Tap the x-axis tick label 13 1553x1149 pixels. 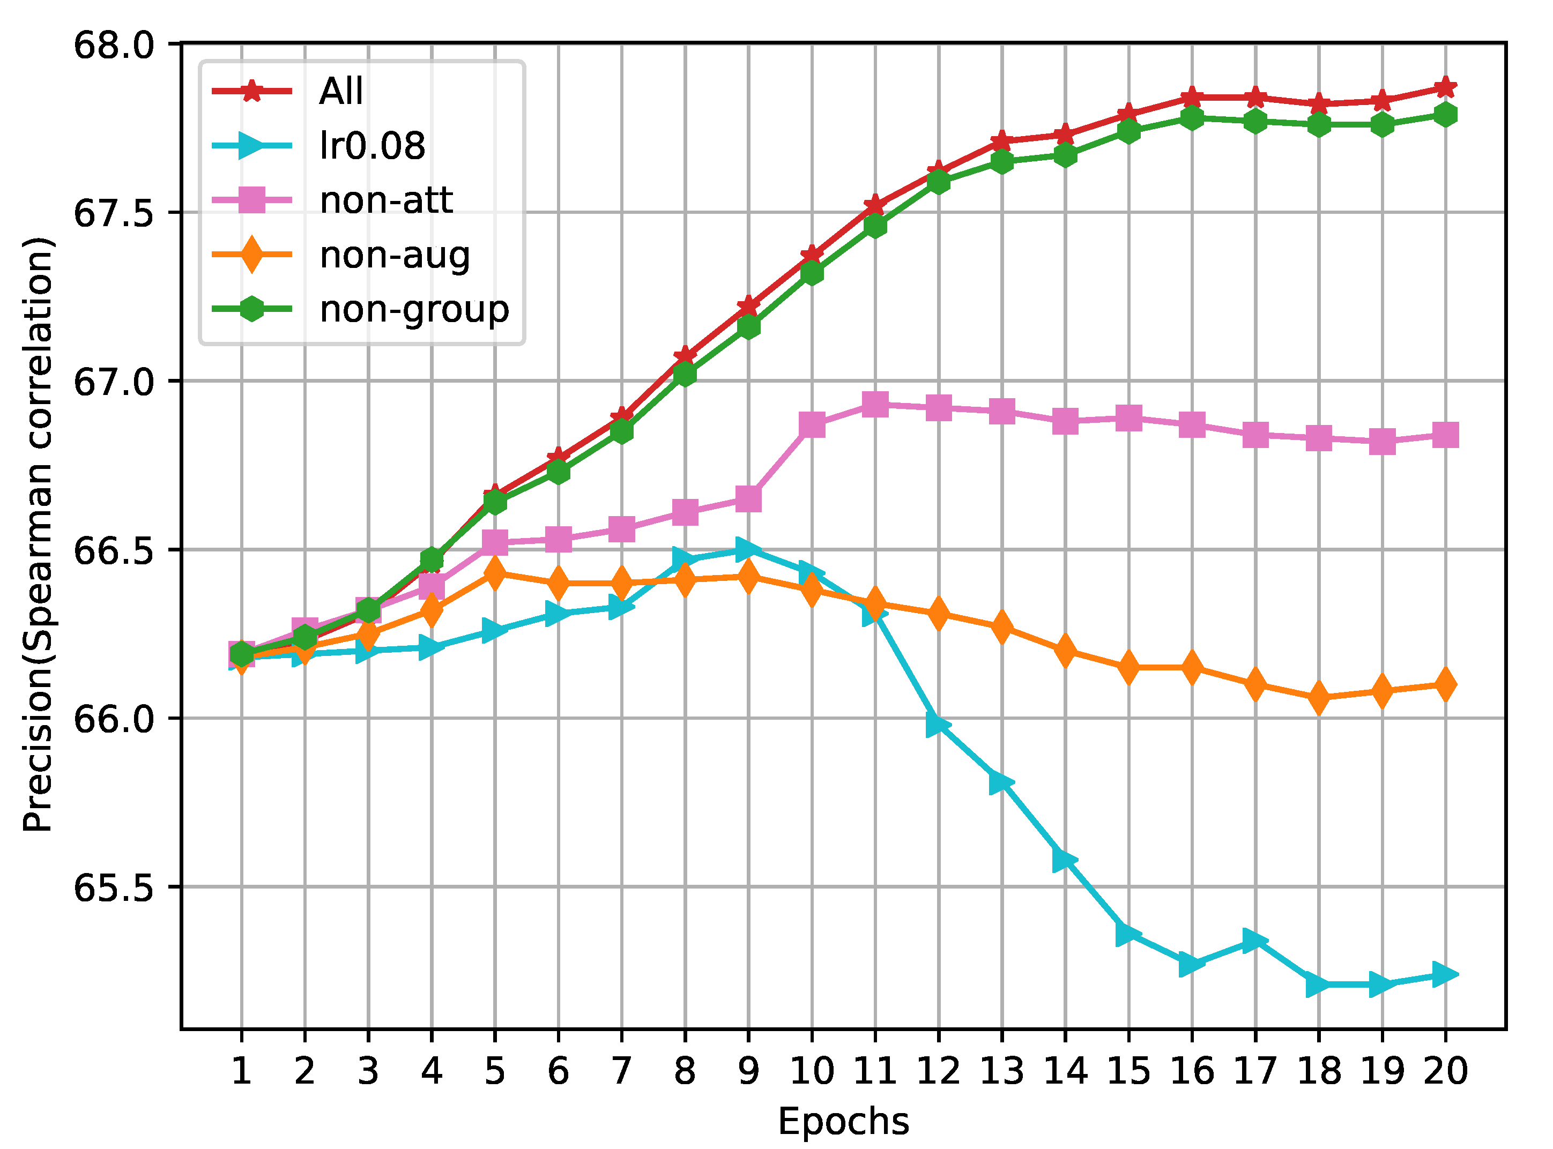tap(1002, 1071)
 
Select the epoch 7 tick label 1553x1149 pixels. tap(621, 1071)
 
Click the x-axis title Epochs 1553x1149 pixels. tap(843, 1121)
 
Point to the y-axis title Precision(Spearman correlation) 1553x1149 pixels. tap(38, 535)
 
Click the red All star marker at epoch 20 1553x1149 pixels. tap(1446, 88)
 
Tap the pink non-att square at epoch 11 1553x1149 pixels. tap(875, 404)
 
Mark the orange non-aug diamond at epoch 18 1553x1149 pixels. tap(1319, 698)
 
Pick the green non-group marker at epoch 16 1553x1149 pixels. tap(1192, 117)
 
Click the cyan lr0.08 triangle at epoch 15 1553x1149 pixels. tap(1128, 934)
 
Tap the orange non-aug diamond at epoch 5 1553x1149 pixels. tap(495, 573)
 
